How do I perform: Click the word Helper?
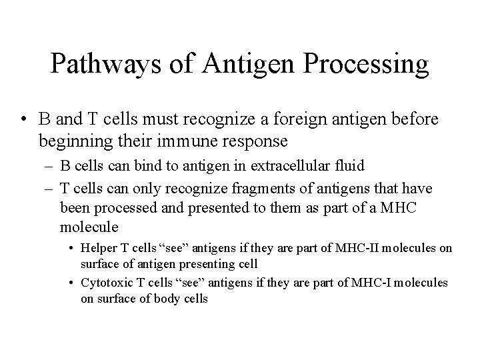tap(97, 248)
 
